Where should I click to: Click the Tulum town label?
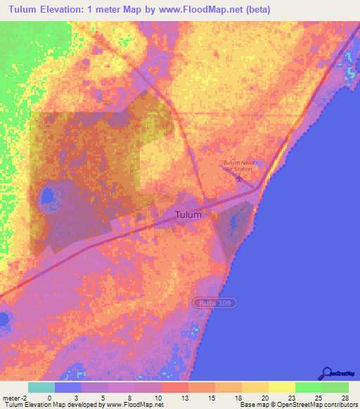tap(188, 214)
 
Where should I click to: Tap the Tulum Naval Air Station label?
tap(238, 166)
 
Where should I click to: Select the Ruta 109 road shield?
tap(215, 301)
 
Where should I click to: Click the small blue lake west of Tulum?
tap(46, 196)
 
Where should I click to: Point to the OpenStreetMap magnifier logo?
tap(327, 373)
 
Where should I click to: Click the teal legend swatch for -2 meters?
tap(41, 387)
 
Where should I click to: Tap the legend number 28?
tap(344, 397)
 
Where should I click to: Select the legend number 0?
tap(49, 397)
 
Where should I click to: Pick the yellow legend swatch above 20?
tap(255, 387)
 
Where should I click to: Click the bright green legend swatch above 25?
tap(309, 387)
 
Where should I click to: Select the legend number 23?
tap(281, 397)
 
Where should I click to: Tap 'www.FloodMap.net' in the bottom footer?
tap(134, 405)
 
